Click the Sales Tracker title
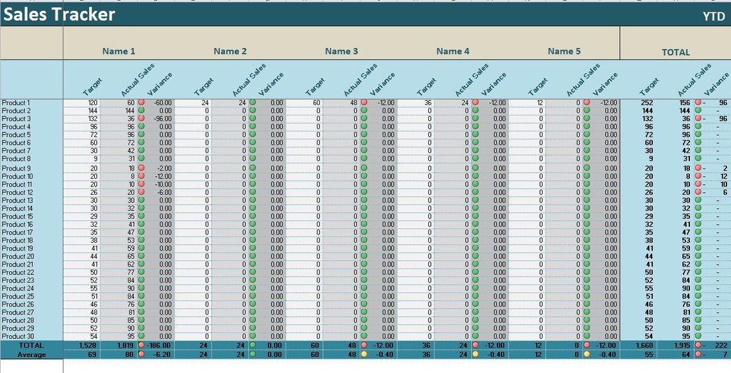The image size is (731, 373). click(x=59, y=14)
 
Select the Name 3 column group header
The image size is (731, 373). click(x=341, y=51)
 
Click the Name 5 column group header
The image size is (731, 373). click(x=564, y=51)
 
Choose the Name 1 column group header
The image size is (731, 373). click(x=119, y=51)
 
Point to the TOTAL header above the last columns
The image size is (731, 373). click(x=675, y=52)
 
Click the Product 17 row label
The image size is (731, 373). click(x=17, y=232)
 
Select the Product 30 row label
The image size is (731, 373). click(x=17, y=336)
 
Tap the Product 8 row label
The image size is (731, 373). click(x=16, y=158)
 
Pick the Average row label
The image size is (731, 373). click(x=31, y=354)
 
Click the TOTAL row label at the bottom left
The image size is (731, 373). click(x=31, y=346)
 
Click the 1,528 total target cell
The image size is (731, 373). click(x=88, y=346)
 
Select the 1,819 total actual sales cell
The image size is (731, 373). click(x=125, y=346)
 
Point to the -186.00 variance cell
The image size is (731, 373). click(x=160, y=346)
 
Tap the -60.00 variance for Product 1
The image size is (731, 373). click(x=162, y=103)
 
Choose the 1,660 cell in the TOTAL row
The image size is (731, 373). click(x=644, y=346)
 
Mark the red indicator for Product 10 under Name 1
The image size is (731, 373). click(x=141, y=176)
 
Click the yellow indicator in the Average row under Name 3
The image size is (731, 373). click(x=364, y=354)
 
